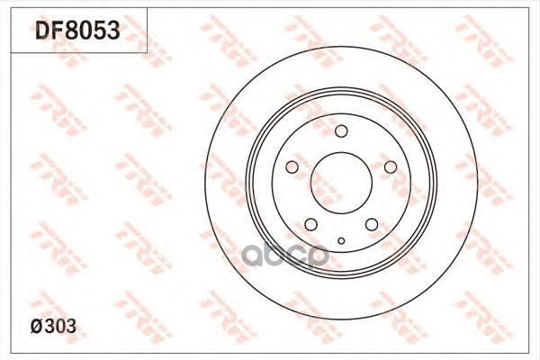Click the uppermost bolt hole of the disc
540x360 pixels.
tap(341, 132)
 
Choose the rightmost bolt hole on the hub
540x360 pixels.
tap(390, 167)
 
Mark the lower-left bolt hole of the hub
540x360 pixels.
tap(311, 224)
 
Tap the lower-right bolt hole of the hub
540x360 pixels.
tap(372, 224)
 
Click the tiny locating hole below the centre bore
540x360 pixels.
tap(342, 240)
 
